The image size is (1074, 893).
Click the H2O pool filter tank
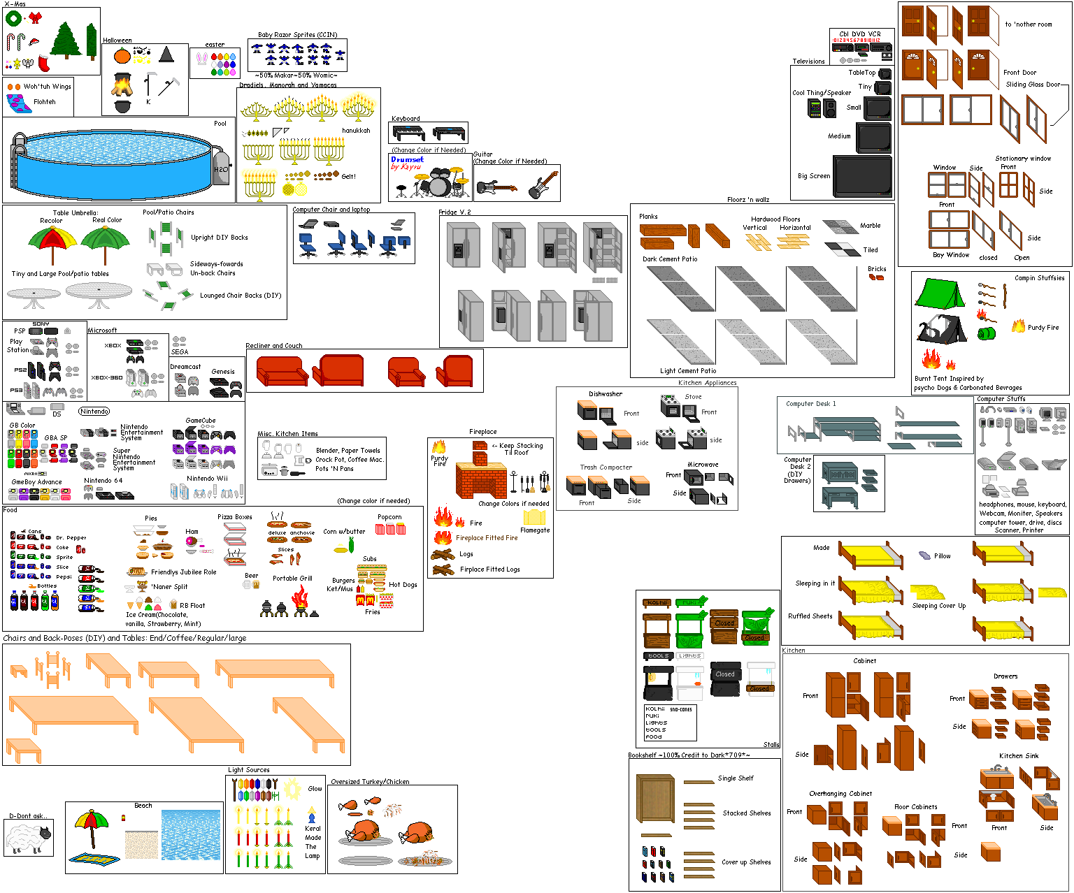click(221, 168)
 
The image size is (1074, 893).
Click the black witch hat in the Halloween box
click(166, 55)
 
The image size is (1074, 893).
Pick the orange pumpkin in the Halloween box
click(122, 55)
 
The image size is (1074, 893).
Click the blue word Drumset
click(408, 159)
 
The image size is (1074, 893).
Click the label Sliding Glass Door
click(1033, 85)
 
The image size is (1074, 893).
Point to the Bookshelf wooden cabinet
click(656, 799)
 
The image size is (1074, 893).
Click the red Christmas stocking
click(44, 63)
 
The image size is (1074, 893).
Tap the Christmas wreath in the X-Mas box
click(13, 19)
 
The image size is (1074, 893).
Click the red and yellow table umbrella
click(52, 241)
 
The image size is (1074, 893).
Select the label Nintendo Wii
click(207, 479)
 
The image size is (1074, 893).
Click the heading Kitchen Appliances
click(707, 383)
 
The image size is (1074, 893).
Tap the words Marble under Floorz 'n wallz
click(870, 226)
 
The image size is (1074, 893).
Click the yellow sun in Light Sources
click(292, 787)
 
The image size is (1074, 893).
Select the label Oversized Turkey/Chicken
click(370, 782)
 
